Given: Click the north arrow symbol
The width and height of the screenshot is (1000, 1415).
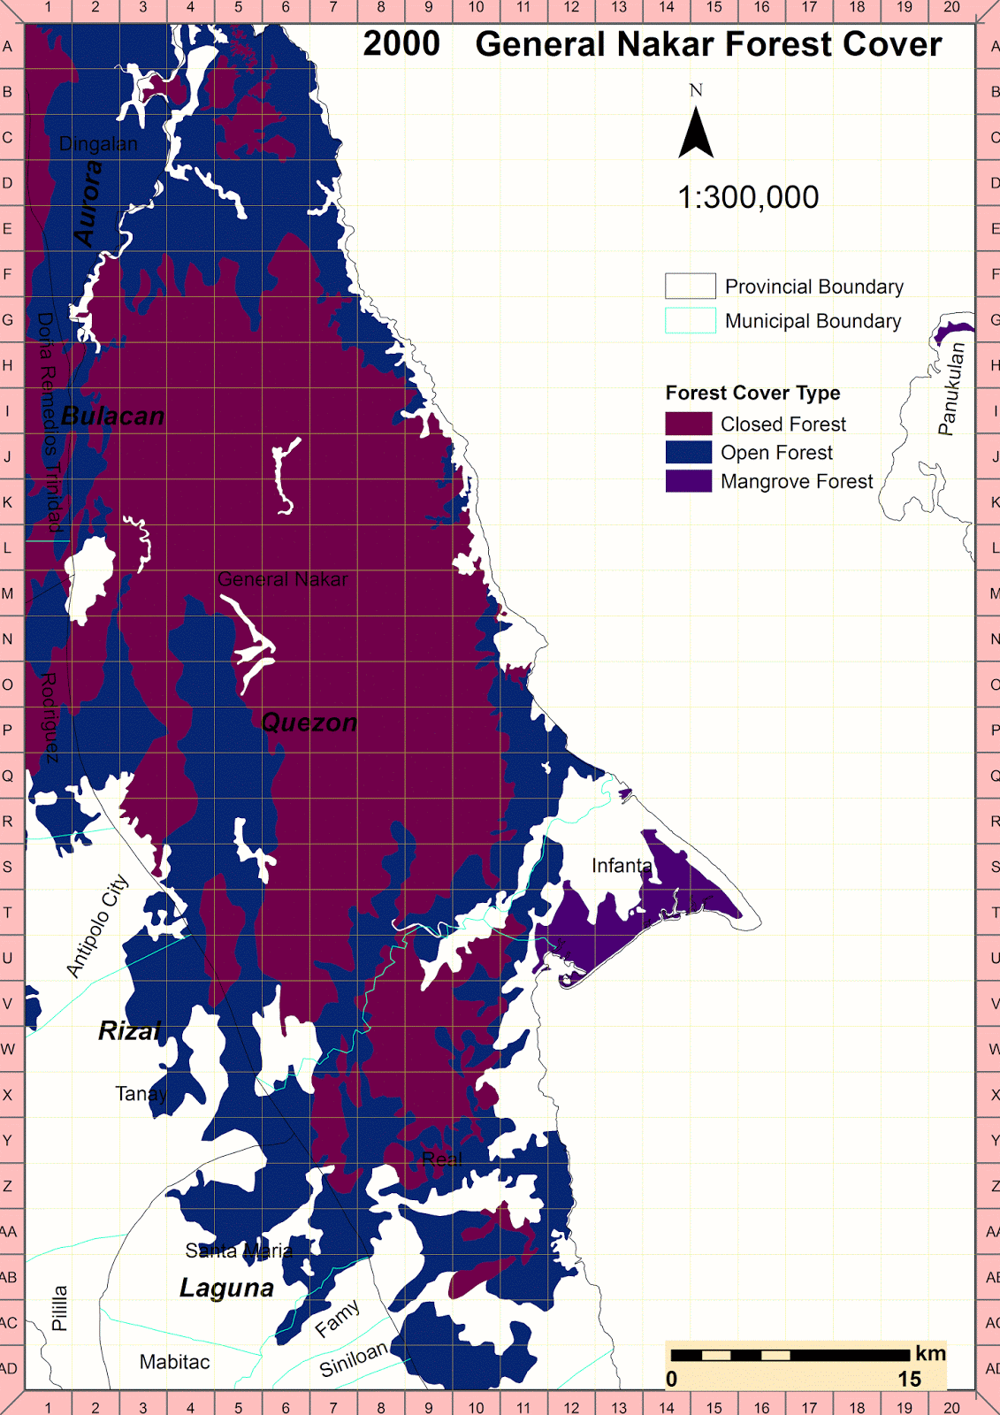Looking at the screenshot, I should (x=696, y=132).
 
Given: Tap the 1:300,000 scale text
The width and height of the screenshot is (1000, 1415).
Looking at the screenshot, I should (x=748, y=197).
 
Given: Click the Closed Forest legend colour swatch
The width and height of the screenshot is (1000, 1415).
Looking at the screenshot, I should (x=688, y=424).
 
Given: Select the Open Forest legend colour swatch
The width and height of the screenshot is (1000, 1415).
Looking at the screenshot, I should (x=688, y=452).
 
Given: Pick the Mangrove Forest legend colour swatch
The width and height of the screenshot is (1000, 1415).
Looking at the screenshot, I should (x=688, y=481).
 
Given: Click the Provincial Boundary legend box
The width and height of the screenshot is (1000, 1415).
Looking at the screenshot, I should (x=690, y=286).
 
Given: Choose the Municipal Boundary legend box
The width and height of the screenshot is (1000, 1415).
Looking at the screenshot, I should (x=690, y=320).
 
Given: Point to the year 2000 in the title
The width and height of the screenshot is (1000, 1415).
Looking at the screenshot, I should (x=401, y=44).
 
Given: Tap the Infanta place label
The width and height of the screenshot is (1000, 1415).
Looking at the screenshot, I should (x=622, y=865).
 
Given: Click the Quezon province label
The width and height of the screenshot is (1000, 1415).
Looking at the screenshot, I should (x=309, y=723).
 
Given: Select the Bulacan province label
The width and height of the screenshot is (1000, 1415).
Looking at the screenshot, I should (x=113, y=416).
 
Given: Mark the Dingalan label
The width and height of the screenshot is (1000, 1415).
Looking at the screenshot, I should (x=98, y=144).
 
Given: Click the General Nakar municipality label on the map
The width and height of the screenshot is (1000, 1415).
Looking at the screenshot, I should (x=282, y=579).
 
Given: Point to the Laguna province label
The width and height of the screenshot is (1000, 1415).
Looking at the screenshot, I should (x=226, y=1288).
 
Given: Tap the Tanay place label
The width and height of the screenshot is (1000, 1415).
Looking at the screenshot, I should (x=141, y=1094).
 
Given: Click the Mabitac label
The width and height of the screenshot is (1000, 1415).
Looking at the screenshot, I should (x=174, y=1362).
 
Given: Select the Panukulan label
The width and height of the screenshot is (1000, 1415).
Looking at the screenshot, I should (x=951, y=389).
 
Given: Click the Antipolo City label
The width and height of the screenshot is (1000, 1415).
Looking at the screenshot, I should (x=97, y=925).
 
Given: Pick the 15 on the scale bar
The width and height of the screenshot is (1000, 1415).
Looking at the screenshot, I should (x=909, y=1379).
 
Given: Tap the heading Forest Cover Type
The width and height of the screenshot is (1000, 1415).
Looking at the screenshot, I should (x=752, y=393).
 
